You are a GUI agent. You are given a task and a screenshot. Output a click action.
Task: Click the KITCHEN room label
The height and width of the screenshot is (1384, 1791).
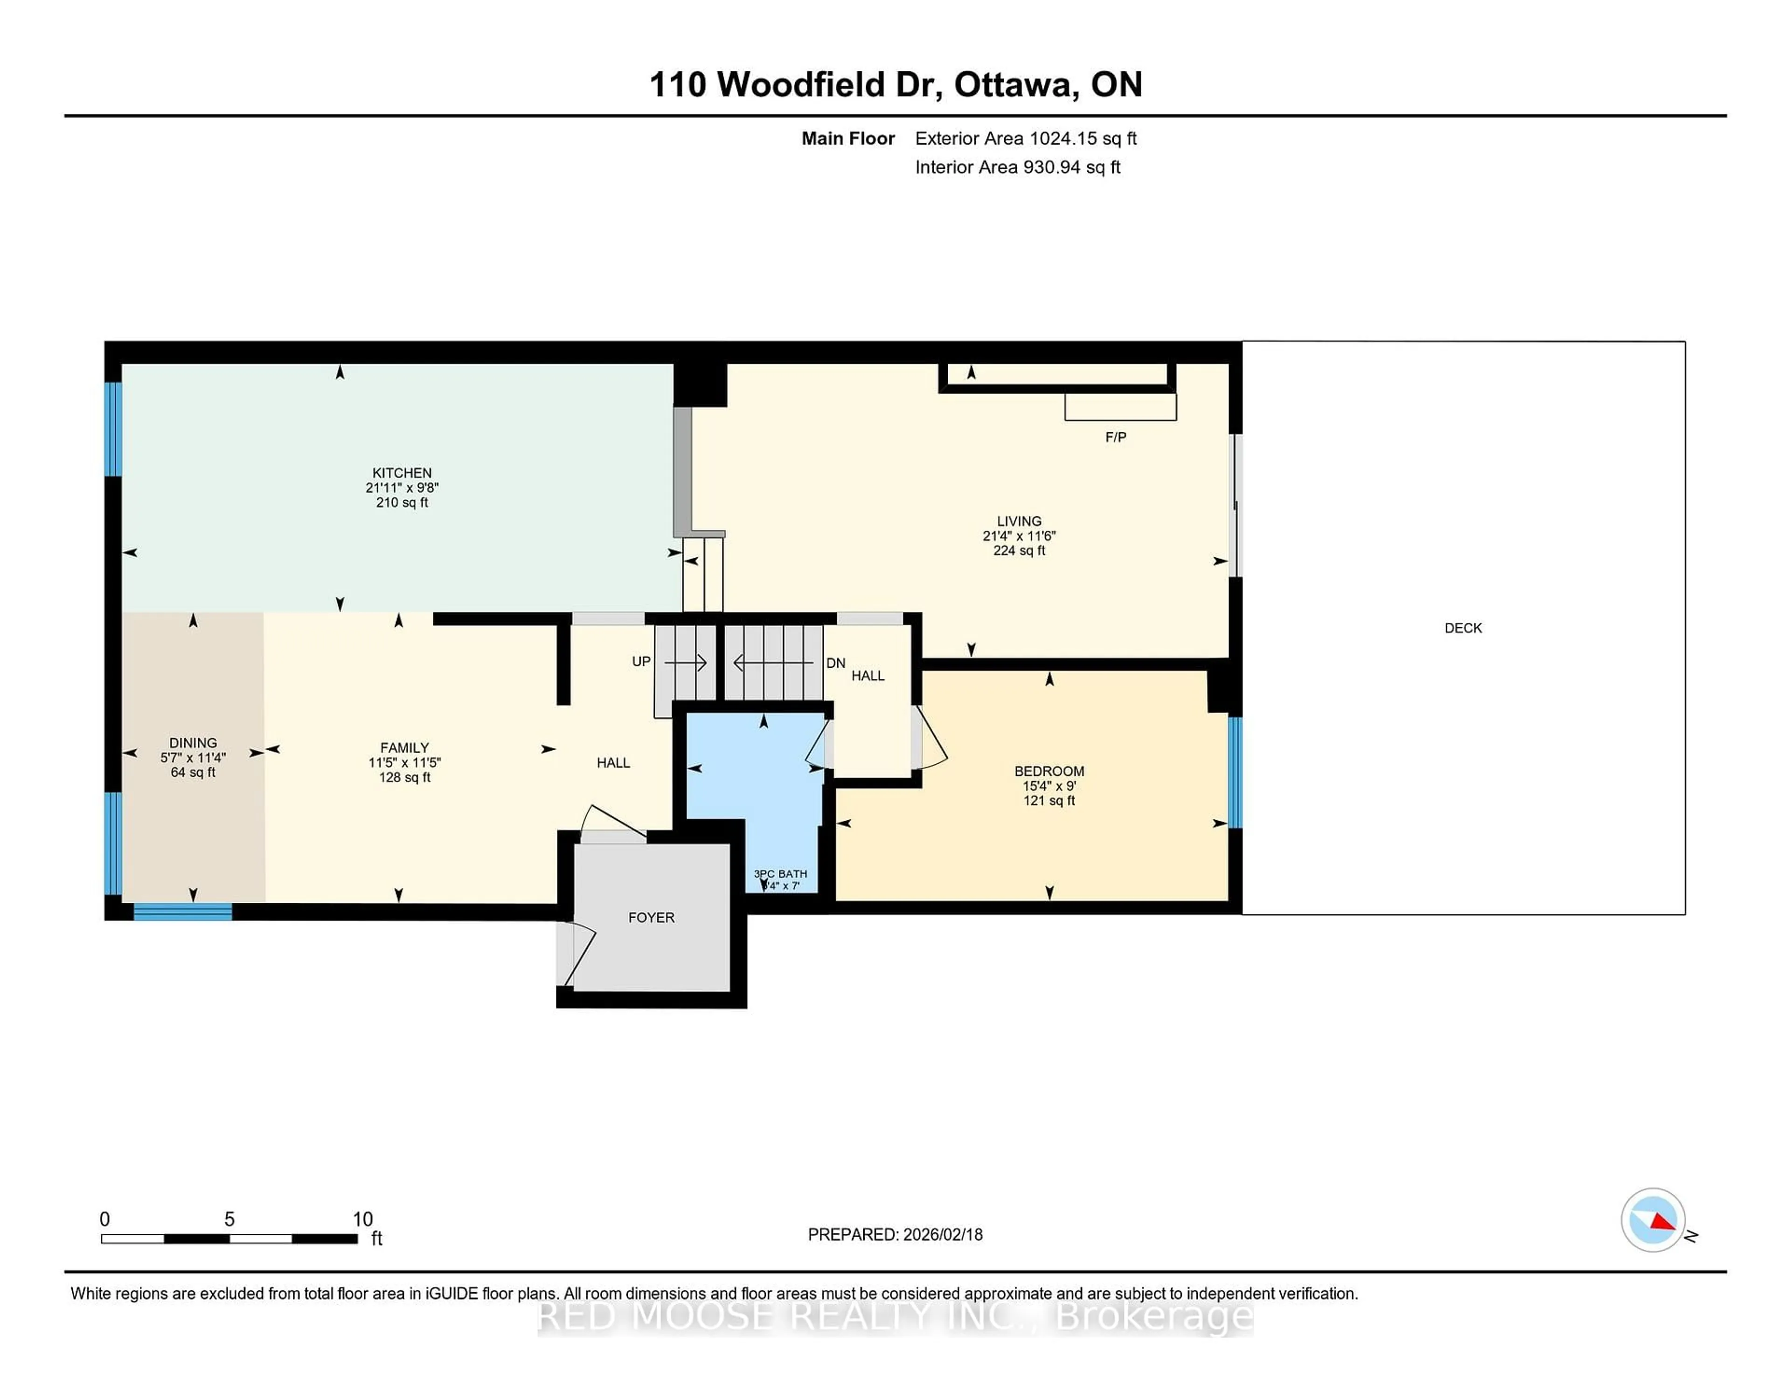click(402, 473)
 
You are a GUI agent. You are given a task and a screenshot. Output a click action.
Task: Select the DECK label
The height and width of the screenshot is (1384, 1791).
click(1463, 628)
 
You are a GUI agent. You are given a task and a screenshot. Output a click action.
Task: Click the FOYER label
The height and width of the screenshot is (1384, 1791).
click(651, 918)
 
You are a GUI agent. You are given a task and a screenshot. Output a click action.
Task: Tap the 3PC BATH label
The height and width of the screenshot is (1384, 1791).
click(780, 874)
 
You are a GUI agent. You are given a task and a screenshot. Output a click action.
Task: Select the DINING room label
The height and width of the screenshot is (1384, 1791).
click(194, 743)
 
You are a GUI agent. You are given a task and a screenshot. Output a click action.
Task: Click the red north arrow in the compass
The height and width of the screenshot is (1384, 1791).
click(1662, 1223)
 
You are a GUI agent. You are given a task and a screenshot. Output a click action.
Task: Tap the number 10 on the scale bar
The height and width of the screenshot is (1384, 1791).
click(362, 1219)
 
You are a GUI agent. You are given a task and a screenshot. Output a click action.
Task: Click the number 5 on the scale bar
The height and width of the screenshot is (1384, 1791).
click(229, 1219)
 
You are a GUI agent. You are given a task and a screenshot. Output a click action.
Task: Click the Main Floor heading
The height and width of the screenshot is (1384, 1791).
click(848, 138)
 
